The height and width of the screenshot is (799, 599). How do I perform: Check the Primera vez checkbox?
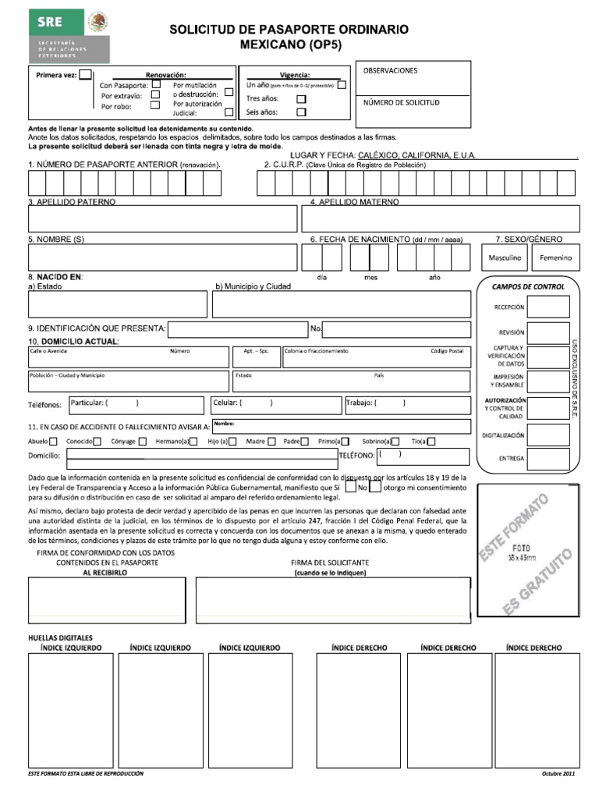(85, 75)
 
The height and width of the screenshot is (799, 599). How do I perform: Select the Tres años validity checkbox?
(301, 99)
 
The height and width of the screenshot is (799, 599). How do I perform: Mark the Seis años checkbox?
(301, 112)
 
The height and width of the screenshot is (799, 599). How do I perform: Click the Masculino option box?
(505, 257)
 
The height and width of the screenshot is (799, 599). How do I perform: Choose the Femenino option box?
(555, 257)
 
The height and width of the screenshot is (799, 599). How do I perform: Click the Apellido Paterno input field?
(162, 218)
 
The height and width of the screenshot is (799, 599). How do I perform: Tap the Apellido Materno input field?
(441, 218)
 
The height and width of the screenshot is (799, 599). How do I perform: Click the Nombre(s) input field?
(162, 257)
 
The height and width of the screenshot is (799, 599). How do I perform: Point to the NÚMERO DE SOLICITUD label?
(402, 102)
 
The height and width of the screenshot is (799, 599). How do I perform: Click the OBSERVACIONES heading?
(390, 71)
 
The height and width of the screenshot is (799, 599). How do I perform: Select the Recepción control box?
(549, 307)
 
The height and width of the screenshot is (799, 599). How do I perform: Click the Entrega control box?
(549, 458)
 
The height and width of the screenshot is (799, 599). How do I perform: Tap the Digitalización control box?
(549, 434)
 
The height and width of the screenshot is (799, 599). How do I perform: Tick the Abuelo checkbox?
(53, 442)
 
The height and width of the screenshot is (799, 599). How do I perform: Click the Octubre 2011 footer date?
(558, 773)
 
